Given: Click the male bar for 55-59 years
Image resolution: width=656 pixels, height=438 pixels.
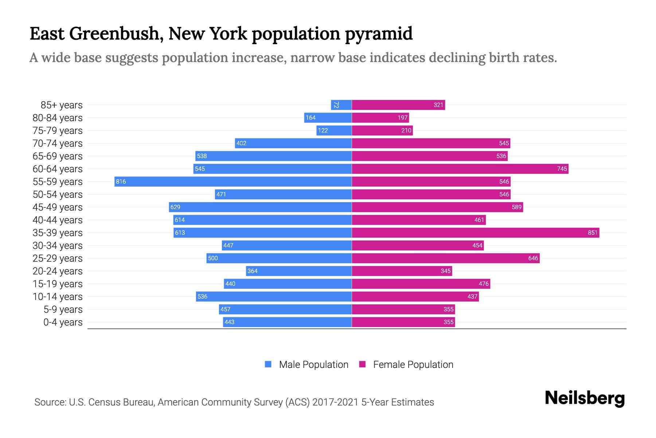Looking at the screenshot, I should [x=233, y=181].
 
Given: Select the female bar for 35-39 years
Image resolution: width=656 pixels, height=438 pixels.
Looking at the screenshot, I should [x=476, y=233].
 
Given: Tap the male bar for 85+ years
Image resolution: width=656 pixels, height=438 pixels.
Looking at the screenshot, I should [x=341, y=105].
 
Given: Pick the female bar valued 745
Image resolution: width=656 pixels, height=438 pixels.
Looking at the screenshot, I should [x=460, y=169].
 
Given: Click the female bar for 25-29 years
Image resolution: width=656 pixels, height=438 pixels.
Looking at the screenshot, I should [x=446, y=258].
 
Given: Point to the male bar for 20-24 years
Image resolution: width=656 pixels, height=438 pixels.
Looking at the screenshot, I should [x=299, y=271].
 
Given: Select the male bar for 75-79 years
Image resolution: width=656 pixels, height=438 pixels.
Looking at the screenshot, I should [x=334, y=130].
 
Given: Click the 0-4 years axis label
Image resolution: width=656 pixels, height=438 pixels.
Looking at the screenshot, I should [x=63, y=322].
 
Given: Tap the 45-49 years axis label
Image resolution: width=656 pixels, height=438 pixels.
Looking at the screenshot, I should [x=58, y=207].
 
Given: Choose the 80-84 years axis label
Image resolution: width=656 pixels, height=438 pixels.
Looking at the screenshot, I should [x=58, y=118].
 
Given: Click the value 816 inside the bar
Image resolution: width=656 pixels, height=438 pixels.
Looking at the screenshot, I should [x=121, y=181].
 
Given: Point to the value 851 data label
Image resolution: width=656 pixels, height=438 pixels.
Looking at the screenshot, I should [x=593, y=233].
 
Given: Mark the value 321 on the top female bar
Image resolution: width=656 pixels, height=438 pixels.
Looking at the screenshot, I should [x=438, y=105].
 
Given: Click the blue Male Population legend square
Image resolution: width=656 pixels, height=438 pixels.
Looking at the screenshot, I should [x=268, y=364].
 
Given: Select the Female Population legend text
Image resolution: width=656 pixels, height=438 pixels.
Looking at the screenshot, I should [x=413, y=364].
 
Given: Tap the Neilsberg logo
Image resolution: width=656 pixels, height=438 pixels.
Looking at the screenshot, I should [x=585, y=398].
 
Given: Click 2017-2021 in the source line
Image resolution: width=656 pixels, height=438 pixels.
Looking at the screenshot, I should [x=335, y=402].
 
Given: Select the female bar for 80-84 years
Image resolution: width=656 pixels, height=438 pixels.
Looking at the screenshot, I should [x=380, y=118].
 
